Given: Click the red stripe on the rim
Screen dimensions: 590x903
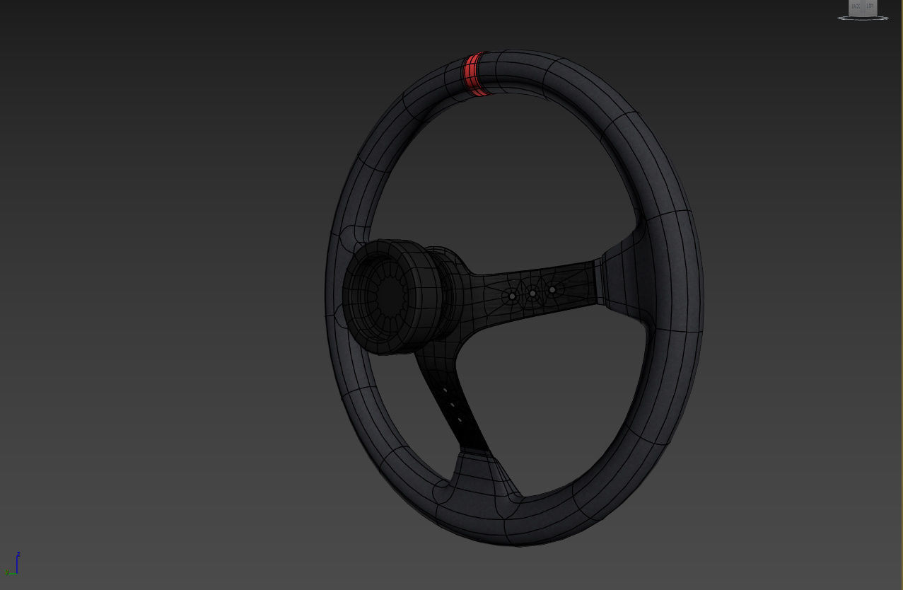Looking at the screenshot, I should (473, 74).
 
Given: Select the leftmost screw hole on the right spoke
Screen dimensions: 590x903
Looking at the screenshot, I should (512, 296).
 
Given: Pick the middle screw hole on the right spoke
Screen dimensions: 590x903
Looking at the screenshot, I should (532, 293).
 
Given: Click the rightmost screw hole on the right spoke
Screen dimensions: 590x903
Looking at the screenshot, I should (552, 289).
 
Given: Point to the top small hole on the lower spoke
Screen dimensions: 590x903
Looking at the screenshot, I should (445, 391).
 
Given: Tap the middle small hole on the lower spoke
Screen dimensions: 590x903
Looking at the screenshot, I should (452, 405).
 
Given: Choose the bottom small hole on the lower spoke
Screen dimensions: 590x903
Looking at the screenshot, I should (460, 420).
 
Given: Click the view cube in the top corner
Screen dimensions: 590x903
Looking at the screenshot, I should (863, 8).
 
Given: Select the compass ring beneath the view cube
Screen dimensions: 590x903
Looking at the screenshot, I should (863, 18).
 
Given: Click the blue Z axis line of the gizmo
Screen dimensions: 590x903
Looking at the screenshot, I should (17, 564).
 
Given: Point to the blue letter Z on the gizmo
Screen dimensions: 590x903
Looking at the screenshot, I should (18, 554).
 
